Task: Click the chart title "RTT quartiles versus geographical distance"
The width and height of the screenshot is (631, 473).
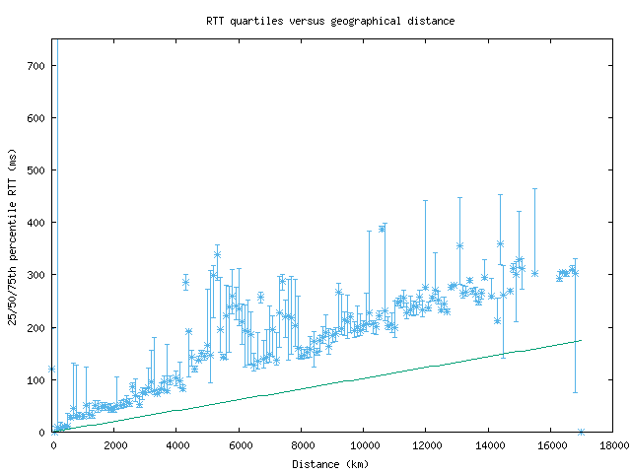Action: click(x=330, y=21)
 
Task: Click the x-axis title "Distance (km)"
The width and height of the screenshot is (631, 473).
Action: click(x=330, y=463)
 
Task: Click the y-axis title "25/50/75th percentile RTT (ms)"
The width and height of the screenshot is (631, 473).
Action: click(x=13, y=236)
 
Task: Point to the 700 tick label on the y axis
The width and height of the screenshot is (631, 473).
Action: click(x=36, y=66)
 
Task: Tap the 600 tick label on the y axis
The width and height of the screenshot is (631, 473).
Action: click(x=36, y=118)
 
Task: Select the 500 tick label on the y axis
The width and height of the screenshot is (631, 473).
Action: click(x=36, y=170)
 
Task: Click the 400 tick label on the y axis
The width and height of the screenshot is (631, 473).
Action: click(x=36, y=223)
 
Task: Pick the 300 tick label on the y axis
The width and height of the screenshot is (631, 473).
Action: click(x=36, y=275)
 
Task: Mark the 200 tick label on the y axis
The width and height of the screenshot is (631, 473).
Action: click(x=36, y=327)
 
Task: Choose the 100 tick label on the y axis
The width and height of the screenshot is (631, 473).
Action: click(x=36, y=379)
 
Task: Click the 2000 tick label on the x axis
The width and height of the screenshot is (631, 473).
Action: click(x=115, y=444)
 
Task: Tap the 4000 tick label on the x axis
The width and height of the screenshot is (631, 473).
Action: click(x=177, y=444)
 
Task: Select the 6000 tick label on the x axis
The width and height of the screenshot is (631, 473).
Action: click(x=240, y=444)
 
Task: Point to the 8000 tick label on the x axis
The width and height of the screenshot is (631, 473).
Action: click(x=302, y=444)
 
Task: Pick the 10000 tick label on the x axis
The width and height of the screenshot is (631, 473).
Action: click(x=364, y=444)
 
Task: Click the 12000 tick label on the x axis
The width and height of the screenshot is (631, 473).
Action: click(x=426, y=444)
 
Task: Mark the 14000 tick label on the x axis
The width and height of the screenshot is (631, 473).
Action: click(x=488, y=444)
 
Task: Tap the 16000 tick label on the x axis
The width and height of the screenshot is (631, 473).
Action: click(x=550, y=444)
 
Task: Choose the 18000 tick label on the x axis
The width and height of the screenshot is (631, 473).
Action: click(x=612, y=444)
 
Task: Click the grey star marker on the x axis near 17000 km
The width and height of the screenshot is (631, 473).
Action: click(x=581, y=432)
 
